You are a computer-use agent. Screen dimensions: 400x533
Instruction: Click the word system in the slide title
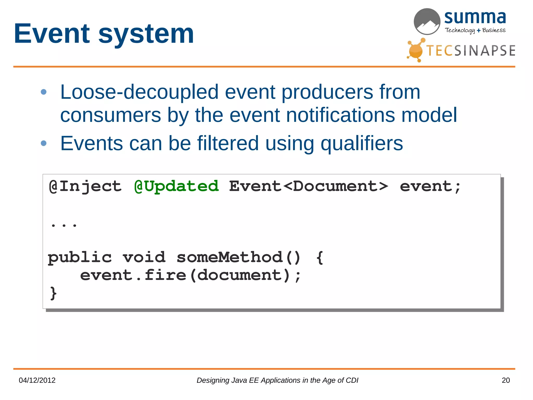tap(146, 34)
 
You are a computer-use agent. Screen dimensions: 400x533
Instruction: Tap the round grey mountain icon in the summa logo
tap(427, 22)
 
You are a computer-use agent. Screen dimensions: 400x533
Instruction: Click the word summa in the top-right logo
tap(475, 17)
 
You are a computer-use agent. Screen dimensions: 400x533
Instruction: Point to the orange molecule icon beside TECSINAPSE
tap(416, 50)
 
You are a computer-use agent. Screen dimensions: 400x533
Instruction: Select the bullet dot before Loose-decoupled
tap(44, 92)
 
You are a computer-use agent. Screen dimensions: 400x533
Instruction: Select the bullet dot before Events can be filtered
tap(44, 143)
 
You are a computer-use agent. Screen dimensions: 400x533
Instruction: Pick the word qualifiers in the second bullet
tap(361, 143)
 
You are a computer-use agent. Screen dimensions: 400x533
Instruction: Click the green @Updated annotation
tap(176, 186)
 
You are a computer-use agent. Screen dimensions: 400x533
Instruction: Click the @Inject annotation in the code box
tap(85, 186)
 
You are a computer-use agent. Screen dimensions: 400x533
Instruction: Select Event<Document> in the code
tap(308, 186)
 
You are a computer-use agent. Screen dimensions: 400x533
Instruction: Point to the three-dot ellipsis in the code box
tap(64, 225)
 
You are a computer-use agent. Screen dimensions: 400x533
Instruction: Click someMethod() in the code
tap(239, 257)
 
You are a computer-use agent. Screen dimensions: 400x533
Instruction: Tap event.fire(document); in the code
tap(191, 275)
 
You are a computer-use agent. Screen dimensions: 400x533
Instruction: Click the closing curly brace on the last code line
tap(53, 293)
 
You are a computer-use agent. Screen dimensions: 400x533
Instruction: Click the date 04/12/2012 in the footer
tap(37, 380)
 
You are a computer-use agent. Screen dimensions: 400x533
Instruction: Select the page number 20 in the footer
tap(505, 380)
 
